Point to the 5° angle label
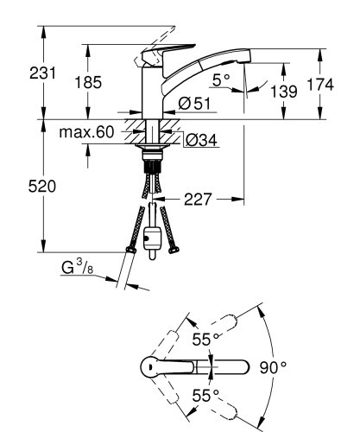point(221,81)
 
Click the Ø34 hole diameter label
point(200,140)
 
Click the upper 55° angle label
point(203,340)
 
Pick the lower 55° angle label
point(203,397)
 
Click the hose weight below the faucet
point(154,238)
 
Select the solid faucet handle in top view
point(173,367)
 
